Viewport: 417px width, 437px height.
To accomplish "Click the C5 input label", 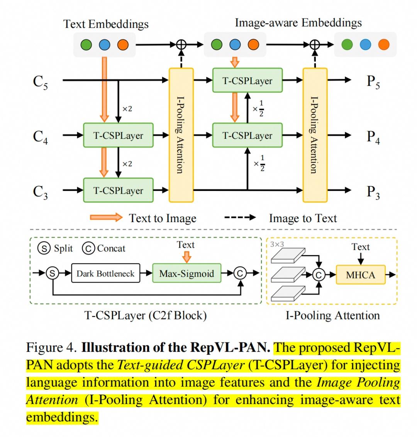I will click(x=41, y=82).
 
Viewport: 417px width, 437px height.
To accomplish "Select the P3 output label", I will click(x=373, y=192).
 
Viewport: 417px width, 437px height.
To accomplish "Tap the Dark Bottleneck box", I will click(x=105, y=273).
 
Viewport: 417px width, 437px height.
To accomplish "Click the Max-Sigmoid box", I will click(x=186, y=273).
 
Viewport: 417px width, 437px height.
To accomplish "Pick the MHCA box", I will click(x=360, y=275).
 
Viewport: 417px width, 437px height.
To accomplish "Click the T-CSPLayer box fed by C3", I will click(x=118, y=190).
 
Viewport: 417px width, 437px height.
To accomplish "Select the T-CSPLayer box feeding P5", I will click(x=247, y=81).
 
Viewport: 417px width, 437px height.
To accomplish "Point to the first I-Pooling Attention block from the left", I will click(x=181, y=135).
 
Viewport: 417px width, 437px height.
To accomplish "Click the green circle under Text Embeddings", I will click(x=86, y=45).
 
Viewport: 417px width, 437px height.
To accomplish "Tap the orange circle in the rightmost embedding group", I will click(x=383, y=44).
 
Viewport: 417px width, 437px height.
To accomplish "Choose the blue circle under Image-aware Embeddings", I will click(x=235, y=44).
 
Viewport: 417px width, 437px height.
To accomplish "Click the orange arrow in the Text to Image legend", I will click(x=106, y=218).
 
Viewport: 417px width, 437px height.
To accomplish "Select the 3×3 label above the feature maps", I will click(x=277, y=244).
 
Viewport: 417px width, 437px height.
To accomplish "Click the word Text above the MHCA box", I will click(x=360, y=247).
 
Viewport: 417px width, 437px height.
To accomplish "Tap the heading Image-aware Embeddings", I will click(x=298, y=23).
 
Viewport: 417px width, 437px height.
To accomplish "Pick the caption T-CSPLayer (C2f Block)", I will click(x=146, y=316).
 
